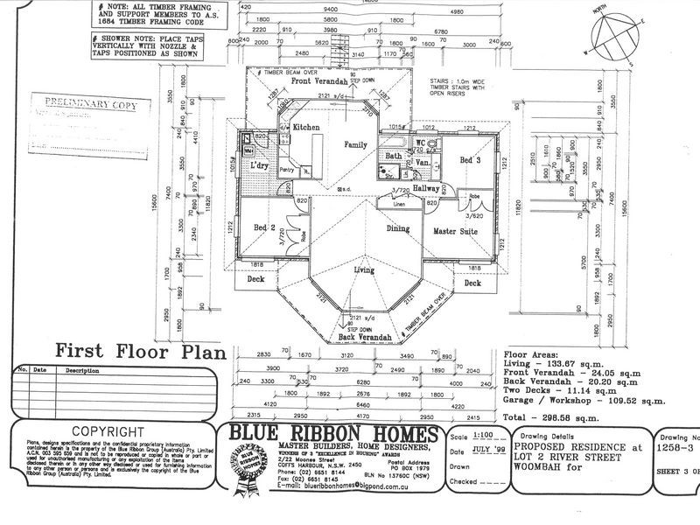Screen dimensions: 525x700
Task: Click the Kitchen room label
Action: point(306,128)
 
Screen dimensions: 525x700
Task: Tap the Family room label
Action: point(354,144)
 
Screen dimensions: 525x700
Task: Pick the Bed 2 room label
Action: point(265,227)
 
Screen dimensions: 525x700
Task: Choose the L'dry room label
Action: point(259,165)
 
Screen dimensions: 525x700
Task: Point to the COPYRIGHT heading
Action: point(107,431)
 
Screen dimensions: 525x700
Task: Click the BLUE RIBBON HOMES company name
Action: point(332,435)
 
